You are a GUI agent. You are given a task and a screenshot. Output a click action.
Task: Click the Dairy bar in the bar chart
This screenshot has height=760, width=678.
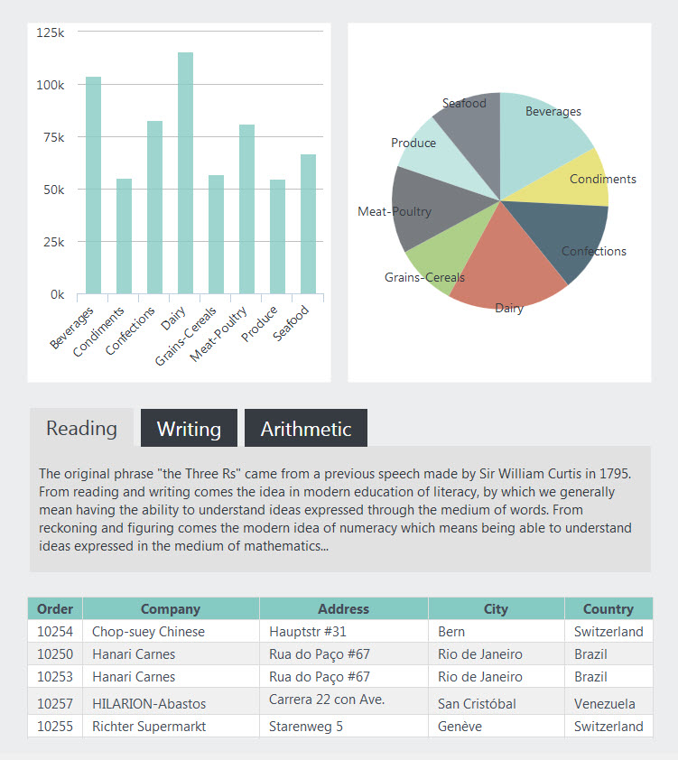coord(186,173)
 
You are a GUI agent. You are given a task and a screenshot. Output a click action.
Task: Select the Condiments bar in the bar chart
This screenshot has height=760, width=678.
coord(124,236)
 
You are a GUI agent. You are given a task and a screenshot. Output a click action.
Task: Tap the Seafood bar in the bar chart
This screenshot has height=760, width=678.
coord(308,224)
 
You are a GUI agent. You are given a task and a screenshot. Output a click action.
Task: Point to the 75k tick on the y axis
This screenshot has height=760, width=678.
coord(54,137)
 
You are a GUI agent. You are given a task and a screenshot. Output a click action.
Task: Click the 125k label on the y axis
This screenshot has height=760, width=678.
coord(51,32)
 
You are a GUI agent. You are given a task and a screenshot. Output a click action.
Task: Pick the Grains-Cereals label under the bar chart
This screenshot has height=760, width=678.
coord(186,336)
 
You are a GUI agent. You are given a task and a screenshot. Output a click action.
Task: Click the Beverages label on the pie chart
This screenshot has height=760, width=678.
coord(553,112)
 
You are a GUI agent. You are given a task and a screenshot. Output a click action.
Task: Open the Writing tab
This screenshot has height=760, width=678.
coord(189,428)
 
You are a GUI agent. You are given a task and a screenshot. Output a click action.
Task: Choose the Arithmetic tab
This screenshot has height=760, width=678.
coord(306,428)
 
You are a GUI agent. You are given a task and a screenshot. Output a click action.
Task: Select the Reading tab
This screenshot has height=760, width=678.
coord(81,428)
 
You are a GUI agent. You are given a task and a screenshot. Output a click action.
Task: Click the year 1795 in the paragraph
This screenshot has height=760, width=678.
coord(615,474)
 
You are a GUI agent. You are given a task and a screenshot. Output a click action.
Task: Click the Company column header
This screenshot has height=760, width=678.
coord(171,608)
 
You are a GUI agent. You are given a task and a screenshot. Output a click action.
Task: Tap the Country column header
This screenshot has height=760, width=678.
coord(608,608)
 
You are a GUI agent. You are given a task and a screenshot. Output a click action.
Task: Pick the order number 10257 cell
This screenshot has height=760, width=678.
coord(55,703)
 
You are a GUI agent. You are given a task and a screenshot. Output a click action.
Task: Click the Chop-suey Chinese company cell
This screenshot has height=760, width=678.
coord(148,632)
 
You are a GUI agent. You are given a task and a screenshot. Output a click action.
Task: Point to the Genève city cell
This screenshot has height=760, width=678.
coord(460,726)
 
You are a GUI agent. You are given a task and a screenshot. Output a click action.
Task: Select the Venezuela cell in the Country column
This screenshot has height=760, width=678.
coord(604,703)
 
